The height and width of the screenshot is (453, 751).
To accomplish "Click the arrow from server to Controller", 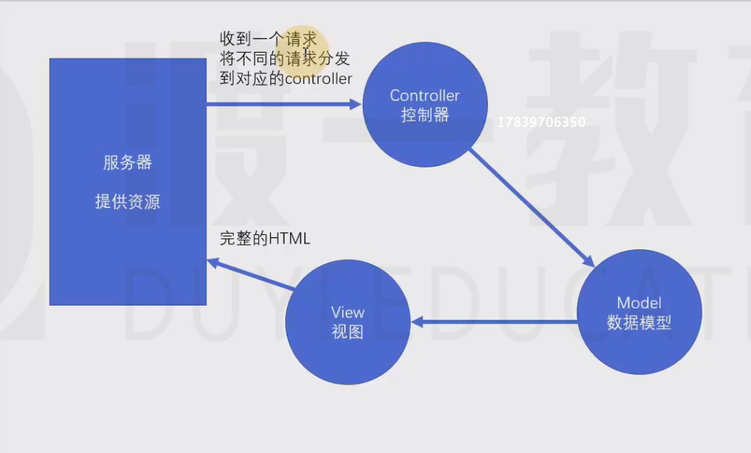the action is [284, 104].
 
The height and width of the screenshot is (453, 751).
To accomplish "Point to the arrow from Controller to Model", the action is [531, 207].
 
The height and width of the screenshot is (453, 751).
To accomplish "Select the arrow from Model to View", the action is [495, 322].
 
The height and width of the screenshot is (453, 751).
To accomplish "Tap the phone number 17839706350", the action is [541, 123].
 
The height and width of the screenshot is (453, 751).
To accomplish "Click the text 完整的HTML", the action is [265, 239].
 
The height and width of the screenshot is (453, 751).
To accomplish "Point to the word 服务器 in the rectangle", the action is [127, 162].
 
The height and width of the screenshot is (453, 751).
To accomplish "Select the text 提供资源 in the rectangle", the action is [127, 202].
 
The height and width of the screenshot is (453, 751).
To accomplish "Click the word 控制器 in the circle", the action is [425, 115].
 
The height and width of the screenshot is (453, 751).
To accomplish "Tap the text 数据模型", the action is [639, 322].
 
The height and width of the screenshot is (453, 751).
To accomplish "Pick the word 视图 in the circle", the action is [347, 332].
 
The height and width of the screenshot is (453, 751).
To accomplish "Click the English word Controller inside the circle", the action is [425, 95].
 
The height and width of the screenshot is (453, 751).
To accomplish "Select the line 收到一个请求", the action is [268, 39].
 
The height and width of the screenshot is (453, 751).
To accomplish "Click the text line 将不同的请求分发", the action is [284, 58].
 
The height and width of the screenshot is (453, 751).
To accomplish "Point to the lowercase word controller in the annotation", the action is [319, 78].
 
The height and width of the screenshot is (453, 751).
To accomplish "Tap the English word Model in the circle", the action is [639, 303].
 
